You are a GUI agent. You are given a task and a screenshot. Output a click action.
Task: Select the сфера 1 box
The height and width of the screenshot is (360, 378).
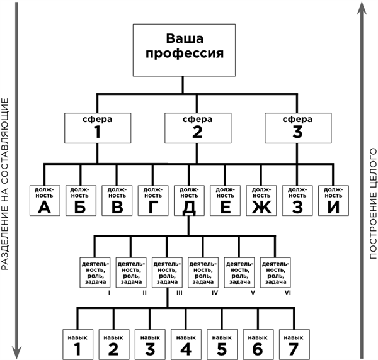pos(98,128)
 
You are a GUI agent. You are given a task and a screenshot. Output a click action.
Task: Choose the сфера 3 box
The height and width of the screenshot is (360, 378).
pos(297,128)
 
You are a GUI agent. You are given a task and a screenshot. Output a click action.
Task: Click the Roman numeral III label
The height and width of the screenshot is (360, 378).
pos(180,293)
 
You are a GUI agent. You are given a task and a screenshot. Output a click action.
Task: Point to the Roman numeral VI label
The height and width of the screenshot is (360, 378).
pos(287,293)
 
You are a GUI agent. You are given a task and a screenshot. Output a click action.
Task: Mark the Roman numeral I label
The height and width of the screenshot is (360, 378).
pos(110,293)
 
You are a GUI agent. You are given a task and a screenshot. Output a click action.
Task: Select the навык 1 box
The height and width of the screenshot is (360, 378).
pos(78,343)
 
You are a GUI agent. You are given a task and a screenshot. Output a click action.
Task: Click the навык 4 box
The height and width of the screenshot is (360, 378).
pos(185,343)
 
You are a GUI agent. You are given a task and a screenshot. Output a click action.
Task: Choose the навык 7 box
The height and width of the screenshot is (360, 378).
pos(292,343)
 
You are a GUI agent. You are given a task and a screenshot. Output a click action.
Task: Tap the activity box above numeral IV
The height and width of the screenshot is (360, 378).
pos(203,271)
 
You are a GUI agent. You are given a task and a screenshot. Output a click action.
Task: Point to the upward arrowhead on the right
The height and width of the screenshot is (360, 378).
pos(362,8)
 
